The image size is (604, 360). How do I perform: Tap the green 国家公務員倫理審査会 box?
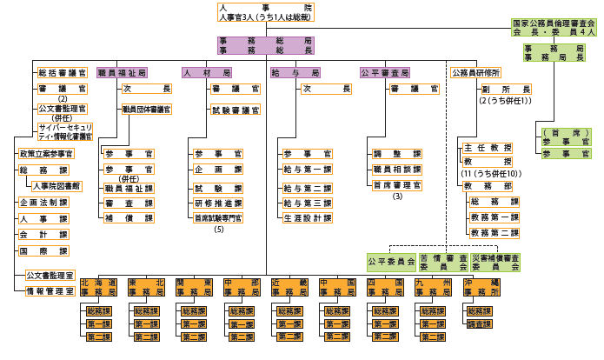click(x=553, y=27)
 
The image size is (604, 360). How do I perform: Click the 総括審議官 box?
click(x=62, y=73)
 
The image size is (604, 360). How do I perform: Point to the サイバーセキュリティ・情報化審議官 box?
click(x=63, y=130)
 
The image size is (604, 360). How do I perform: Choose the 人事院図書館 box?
click(x=56, y=186)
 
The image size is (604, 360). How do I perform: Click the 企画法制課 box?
click(x=43, y=203)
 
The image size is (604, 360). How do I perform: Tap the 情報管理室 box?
click(x=49, y=290)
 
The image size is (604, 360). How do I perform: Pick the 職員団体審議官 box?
click(x=146, y=110)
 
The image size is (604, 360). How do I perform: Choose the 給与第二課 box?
click(x=307, y=187)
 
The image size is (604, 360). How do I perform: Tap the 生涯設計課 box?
click(x=307, y=218)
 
